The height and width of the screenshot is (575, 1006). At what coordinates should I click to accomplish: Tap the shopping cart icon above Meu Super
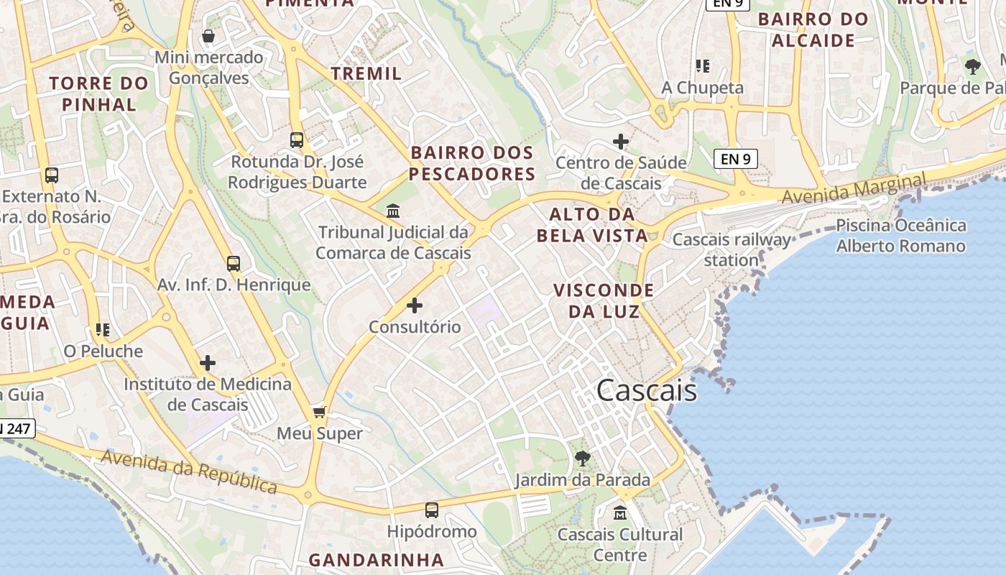pyautogui.click(x=320, y=412)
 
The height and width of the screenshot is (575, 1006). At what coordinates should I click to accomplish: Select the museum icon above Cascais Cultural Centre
pyautogui.click(x=620, y=513)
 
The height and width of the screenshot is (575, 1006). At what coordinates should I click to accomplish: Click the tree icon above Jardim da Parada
pyautogui.click(x=583, y=458)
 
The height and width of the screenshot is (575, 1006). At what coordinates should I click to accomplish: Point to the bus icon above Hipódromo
pyautogui.click(x=431, y=510)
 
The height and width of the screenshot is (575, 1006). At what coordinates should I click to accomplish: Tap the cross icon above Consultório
pyautogui.click(x=415, y=305)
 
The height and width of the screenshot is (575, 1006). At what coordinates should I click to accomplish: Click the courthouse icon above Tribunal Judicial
pyautogui.click(x=393, y=211)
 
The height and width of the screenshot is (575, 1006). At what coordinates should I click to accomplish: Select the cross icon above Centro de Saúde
pyautogui.click(x=621, y=141)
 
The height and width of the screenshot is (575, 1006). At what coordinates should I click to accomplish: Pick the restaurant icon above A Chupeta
pyautogui.click(x=703, y=66)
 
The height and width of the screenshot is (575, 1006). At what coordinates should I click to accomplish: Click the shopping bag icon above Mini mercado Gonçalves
pyautogui.click(x=208, y=36)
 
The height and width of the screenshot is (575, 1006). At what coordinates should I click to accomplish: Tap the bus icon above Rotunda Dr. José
pyautogui.click(x=297, y=139)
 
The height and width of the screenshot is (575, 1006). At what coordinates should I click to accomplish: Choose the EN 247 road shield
pyautogui.click(x=16, y=429)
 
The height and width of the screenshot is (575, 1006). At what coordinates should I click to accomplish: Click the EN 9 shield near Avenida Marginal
pyautogui.click(x=736, y=158)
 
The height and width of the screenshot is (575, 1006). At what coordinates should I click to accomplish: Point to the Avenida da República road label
pyautogui.click(x=189, y=472)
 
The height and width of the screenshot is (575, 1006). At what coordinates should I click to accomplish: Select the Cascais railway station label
pyautogui.click(x=732, y=249)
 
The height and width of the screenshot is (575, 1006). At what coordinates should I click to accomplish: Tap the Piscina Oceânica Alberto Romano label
pyautogui.click(x=900, y=236)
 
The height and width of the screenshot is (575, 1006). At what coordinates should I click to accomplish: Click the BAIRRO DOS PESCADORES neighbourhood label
pyautogui.click(x=472, y=163)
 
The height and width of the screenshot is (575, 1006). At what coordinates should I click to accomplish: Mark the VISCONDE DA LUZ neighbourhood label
pyautogui.click(x=604, y=300)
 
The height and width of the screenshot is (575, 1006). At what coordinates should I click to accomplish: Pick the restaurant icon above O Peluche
pyautogui.click(x=103, y=330)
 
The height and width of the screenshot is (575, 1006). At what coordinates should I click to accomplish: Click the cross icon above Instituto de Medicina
pyautogui.click(x=208, y=363)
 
